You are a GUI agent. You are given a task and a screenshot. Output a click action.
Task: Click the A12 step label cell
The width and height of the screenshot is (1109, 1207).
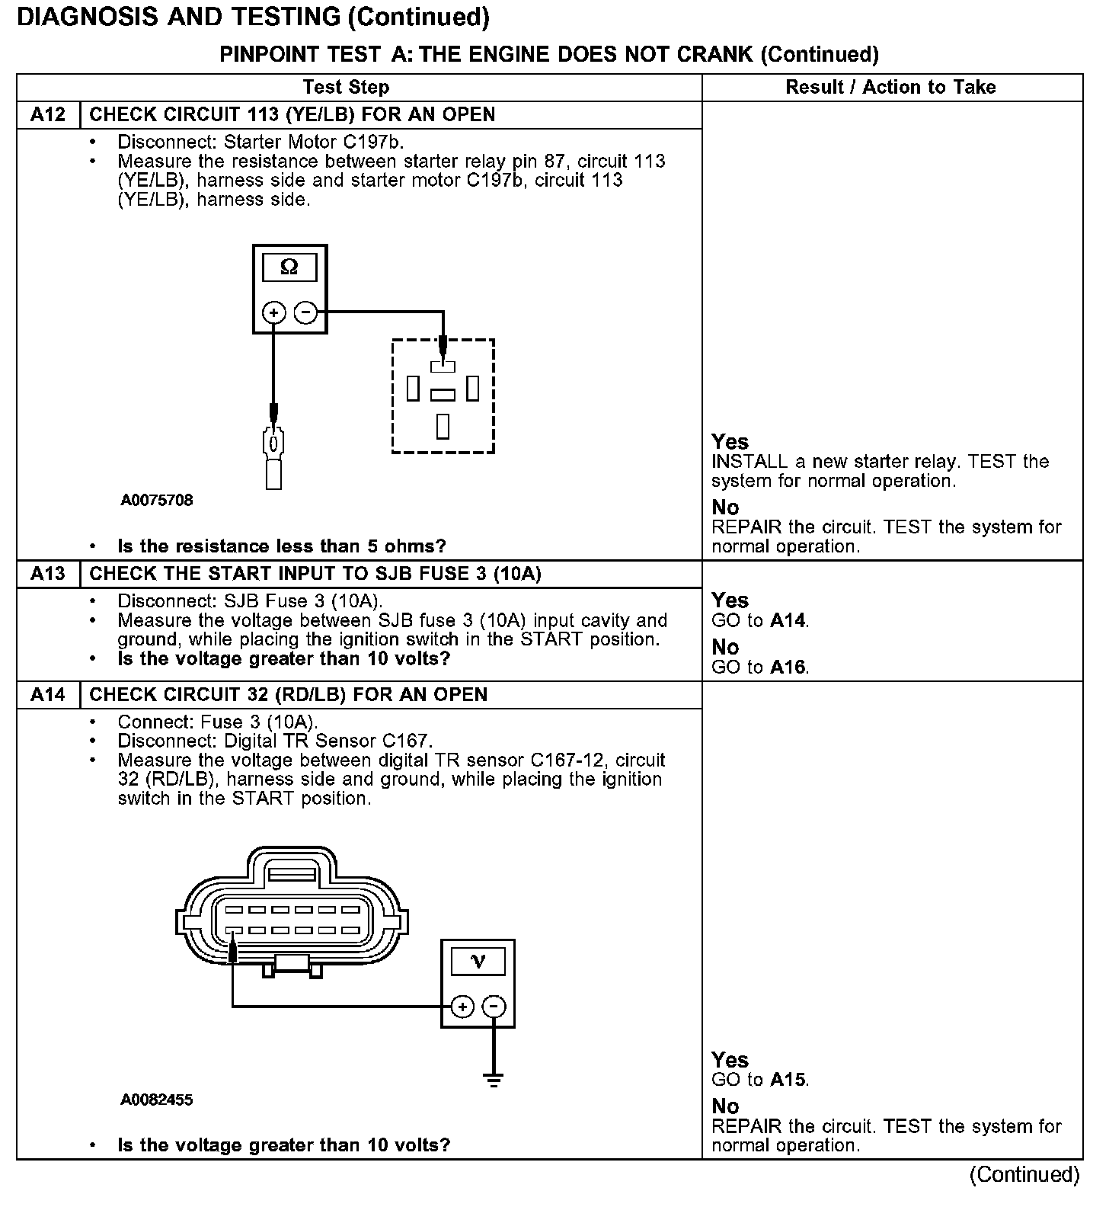coord(48,115)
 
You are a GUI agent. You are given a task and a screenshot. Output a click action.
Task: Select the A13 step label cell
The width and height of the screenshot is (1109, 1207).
coord(48,574)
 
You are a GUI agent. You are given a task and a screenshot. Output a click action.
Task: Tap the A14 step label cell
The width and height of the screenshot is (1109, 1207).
coord(48,695)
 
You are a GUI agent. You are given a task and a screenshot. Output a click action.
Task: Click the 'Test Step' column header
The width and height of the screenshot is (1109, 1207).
coord(346,87)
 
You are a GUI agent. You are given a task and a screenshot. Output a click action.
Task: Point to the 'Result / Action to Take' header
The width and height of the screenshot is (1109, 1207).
coord(890,87)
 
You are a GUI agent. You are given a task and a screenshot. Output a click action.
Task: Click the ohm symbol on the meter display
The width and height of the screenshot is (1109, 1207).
coord(289,267)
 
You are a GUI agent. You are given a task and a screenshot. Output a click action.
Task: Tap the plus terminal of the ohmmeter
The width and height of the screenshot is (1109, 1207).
coord(273,312)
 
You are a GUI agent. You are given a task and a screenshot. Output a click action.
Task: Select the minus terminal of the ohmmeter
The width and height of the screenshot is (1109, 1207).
coord(305,312)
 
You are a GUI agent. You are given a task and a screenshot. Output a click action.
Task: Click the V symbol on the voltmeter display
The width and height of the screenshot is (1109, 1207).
coord(478,961)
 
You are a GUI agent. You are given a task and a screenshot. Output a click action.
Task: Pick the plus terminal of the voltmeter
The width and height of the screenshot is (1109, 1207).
coord(462,1007)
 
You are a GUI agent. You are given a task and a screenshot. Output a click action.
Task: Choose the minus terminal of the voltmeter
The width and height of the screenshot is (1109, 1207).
coord(494,1007)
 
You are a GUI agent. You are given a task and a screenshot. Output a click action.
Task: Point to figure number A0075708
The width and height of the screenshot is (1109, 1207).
coord(157,501)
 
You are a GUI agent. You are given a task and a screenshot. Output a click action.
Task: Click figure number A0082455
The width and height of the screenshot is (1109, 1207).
coord(157,1100)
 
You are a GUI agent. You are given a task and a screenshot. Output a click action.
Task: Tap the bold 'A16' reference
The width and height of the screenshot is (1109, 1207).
coord(788,668)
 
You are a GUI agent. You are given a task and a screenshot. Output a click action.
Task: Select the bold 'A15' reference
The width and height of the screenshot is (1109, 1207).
coord(788,1080)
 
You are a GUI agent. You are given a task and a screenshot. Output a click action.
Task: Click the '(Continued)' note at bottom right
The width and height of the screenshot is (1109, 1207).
coord(1024,1174)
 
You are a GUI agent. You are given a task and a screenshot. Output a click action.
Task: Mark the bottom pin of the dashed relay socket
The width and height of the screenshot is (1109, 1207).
coord(443,426)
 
